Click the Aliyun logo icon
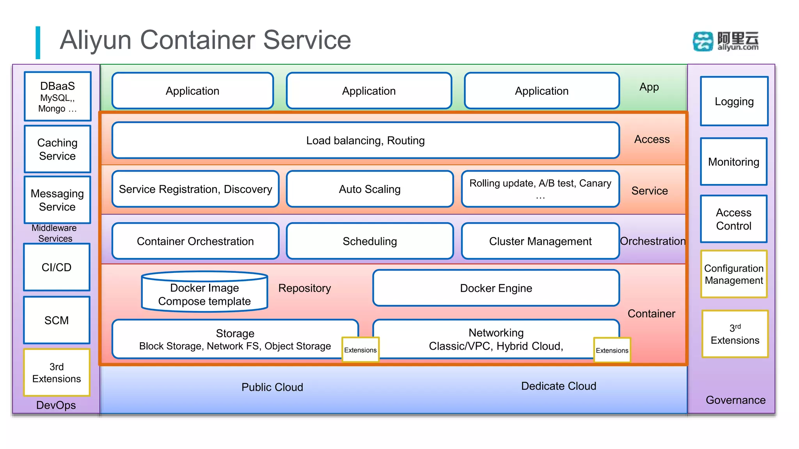pos(703,41)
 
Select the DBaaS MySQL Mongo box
pos(58,96)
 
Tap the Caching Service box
pos(57,149)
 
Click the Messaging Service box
pos(57,200)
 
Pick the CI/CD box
pos(57,267)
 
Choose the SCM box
pos(57,320)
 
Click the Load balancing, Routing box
pos(366,140)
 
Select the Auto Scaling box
pos(369,189)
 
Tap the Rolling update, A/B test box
pos(540,189)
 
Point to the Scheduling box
pos(369,241)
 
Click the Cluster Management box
pos(540,241)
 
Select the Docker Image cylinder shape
pos(204,292)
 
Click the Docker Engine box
pos(496,288)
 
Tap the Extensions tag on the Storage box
pos(360,350)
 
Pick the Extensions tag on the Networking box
pos(612,350)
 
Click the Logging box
pos(734,101)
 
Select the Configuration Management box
pos(734,274)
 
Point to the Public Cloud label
pos(272,387)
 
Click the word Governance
pos(735,400)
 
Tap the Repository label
pos(304,288)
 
